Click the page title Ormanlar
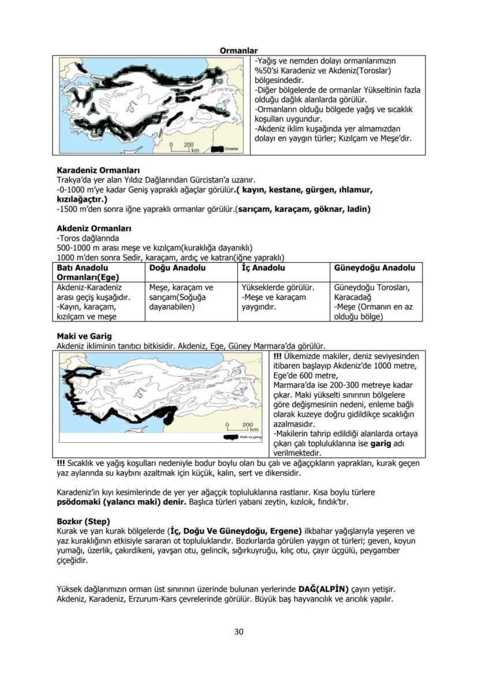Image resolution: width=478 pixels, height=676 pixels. click(238, 51)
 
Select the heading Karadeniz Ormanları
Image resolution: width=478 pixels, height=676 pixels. click(98, 171)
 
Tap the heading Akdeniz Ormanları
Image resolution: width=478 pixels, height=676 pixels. click(94, 228)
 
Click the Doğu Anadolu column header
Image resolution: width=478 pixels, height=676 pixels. click(173, 268)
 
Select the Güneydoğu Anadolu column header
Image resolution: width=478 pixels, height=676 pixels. click(374, 268)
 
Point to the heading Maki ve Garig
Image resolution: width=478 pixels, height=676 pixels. click(84, 336)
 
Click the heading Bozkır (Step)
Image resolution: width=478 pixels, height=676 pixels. click(83, 521)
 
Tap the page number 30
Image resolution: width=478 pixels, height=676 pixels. click(238, 632)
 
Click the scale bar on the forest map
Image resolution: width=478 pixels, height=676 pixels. click(184, 147)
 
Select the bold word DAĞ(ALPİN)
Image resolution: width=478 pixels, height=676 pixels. click(323, 589)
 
